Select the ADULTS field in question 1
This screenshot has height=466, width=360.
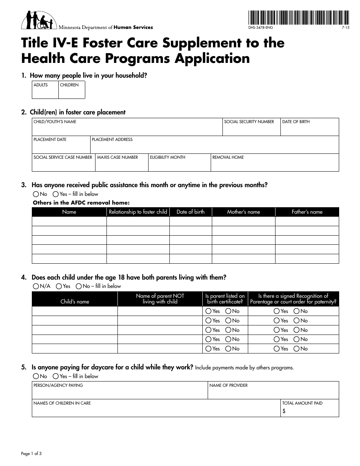(x=45, y=90)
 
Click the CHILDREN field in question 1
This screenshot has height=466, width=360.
(x=72, y=90)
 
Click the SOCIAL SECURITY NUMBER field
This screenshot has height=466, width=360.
(x=251, y=127)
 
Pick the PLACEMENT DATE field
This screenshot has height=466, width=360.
(x=61, y=145)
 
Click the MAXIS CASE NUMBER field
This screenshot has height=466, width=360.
(x=121, y=163)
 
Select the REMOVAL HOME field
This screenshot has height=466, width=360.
(x=274, y=163)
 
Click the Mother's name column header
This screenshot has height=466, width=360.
(x=243, y=212)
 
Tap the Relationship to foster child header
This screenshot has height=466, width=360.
(x=138, y=212)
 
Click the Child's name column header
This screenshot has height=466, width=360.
(x=75, y=302)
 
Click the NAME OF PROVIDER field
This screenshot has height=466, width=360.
(x=273, y=391)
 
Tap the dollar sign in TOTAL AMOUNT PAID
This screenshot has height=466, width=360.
(x=284, y=411)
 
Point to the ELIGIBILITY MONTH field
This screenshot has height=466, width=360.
(x=179, y=163)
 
